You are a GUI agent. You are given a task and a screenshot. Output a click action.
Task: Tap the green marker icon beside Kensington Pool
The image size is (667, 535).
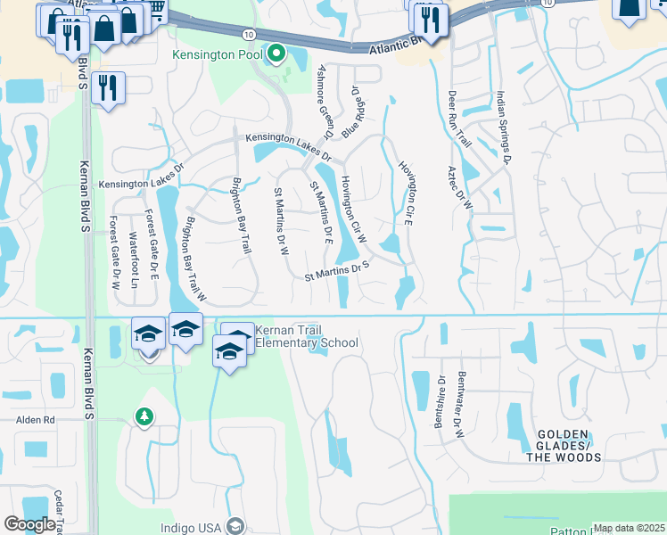(276, 55)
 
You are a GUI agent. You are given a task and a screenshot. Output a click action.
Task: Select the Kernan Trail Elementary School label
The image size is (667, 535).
(306, 336)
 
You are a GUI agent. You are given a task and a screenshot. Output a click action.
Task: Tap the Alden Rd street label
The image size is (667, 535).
(35, 419)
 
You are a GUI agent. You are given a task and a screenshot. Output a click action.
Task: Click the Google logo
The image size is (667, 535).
(29, 524)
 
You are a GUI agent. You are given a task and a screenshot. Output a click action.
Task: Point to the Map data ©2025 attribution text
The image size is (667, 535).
(629, 528)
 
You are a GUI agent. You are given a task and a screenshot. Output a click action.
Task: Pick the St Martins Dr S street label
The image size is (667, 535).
(337, 270)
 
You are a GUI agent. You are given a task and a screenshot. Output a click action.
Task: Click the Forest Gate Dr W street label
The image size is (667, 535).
(114, 253)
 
